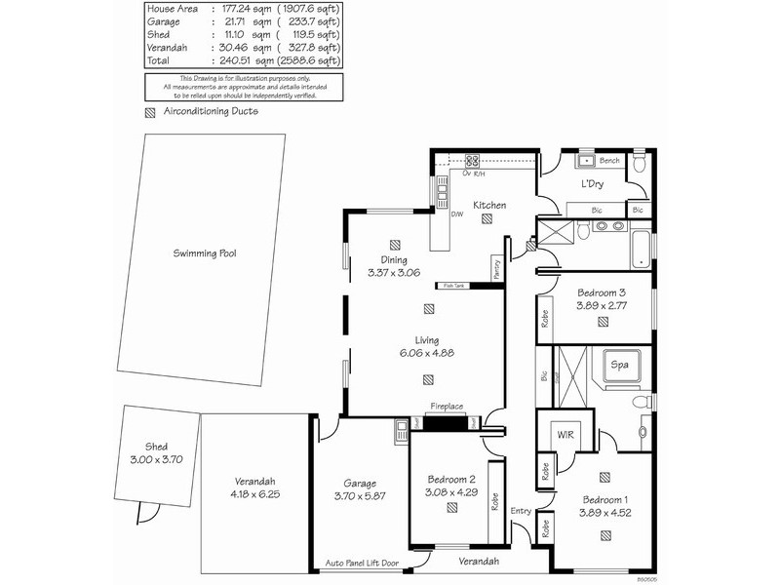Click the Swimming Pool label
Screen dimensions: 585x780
205,253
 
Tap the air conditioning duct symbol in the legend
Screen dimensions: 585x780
149,112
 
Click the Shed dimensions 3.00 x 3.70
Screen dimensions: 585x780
156,458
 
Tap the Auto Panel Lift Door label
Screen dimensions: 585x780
362,564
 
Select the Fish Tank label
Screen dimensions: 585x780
454,286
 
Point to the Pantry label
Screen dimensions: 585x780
496,269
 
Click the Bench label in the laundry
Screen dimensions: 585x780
609,161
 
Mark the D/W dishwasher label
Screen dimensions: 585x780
456,214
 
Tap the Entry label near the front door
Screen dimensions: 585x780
521,511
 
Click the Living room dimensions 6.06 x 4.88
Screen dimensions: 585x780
428,353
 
